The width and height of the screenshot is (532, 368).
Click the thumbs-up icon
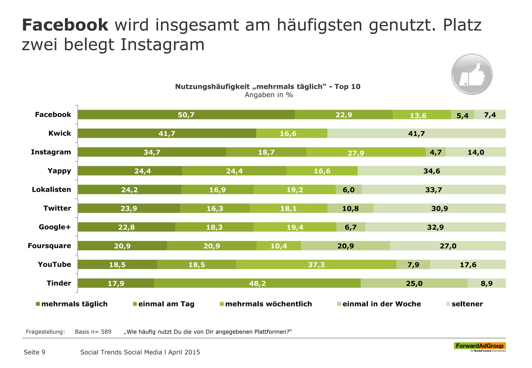472,74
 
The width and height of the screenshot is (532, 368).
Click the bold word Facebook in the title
65,25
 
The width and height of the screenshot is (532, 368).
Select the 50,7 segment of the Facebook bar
186,115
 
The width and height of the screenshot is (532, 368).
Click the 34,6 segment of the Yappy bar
431,171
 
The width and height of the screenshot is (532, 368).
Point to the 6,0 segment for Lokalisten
348,190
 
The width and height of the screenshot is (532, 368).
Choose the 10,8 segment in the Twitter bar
350,208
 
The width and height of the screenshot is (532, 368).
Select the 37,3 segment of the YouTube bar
316,264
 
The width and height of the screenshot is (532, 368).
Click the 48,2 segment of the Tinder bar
257,283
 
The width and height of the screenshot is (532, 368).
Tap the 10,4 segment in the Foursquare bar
278,246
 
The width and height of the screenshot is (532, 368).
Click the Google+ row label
55,227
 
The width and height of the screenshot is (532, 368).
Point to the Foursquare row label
49,246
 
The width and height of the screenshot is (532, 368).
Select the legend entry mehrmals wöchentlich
268,304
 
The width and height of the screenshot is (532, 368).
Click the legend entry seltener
467,304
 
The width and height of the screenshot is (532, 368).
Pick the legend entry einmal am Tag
166,304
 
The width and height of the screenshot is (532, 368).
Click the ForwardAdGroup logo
480,346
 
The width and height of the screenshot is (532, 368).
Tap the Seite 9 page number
35,352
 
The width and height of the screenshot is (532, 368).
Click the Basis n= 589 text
93,332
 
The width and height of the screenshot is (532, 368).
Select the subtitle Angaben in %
269,95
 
